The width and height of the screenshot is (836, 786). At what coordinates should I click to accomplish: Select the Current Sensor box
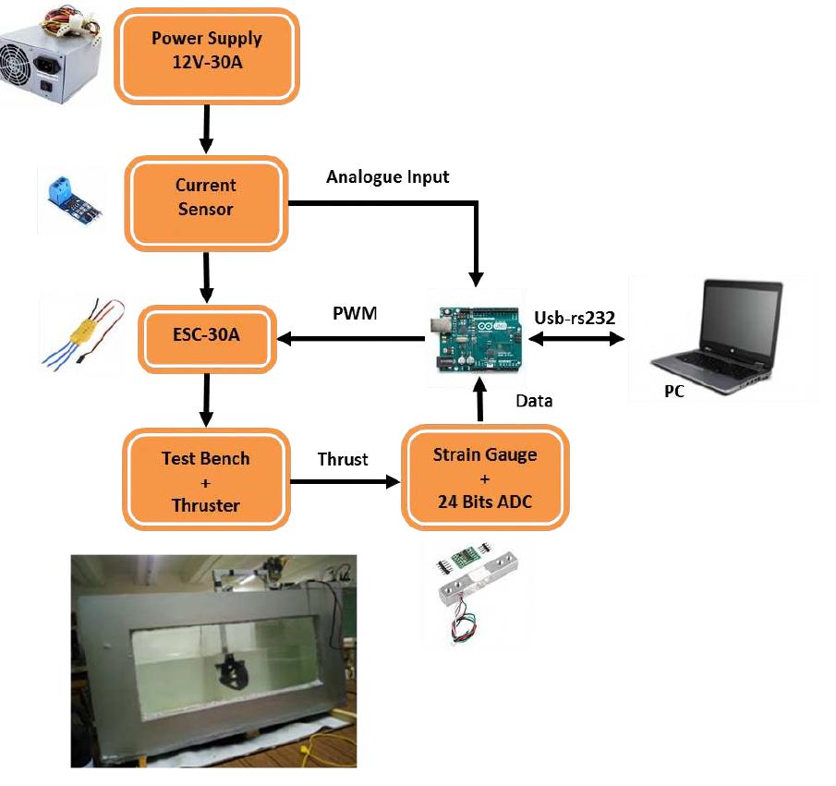(x=206, y=198)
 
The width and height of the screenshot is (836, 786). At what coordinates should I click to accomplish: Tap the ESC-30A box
(x=206, y=335)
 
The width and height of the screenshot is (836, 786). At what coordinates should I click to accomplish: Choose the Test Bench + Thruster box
(x=206, y=481)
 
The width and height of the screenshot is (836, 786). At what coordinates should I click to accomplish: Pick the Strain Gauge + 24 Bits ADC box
(x=486, y=479)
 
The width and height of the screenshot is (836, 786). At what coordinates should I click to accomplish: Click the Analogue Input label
(x=388, y=176)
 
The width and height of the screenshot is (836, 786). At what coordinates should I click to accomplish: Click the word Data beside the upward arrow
(x=534, y=400)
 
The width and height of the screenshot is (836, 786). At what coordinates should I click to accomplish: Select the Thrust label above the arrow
(x=343, y=459)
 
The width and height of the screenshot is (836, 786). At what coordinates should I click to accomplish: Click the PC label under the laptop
(x=674, y=392)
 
